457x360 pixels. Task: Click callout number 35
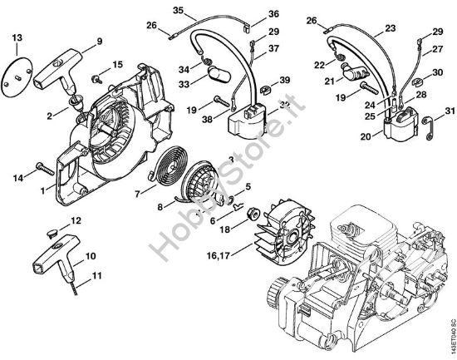[176, 9]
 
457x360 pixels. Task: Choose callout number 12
[76, 221]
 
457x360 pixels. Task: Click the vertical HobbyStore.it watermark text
[184, 200]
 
